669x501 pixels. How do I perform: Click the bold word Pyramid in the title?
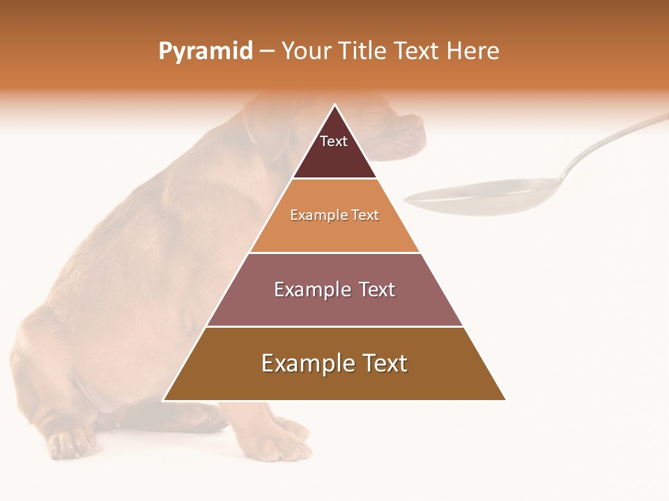click(205, 51)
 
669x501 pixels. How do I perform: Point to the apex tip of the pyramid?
click(334, 106)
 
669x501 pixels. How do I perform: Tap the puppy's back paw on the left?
click(70, 442)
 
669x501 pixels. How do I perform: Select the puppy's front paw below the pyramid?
click(282, 438)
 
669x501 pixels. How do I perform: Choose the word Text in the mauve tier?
click(376, 289)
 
